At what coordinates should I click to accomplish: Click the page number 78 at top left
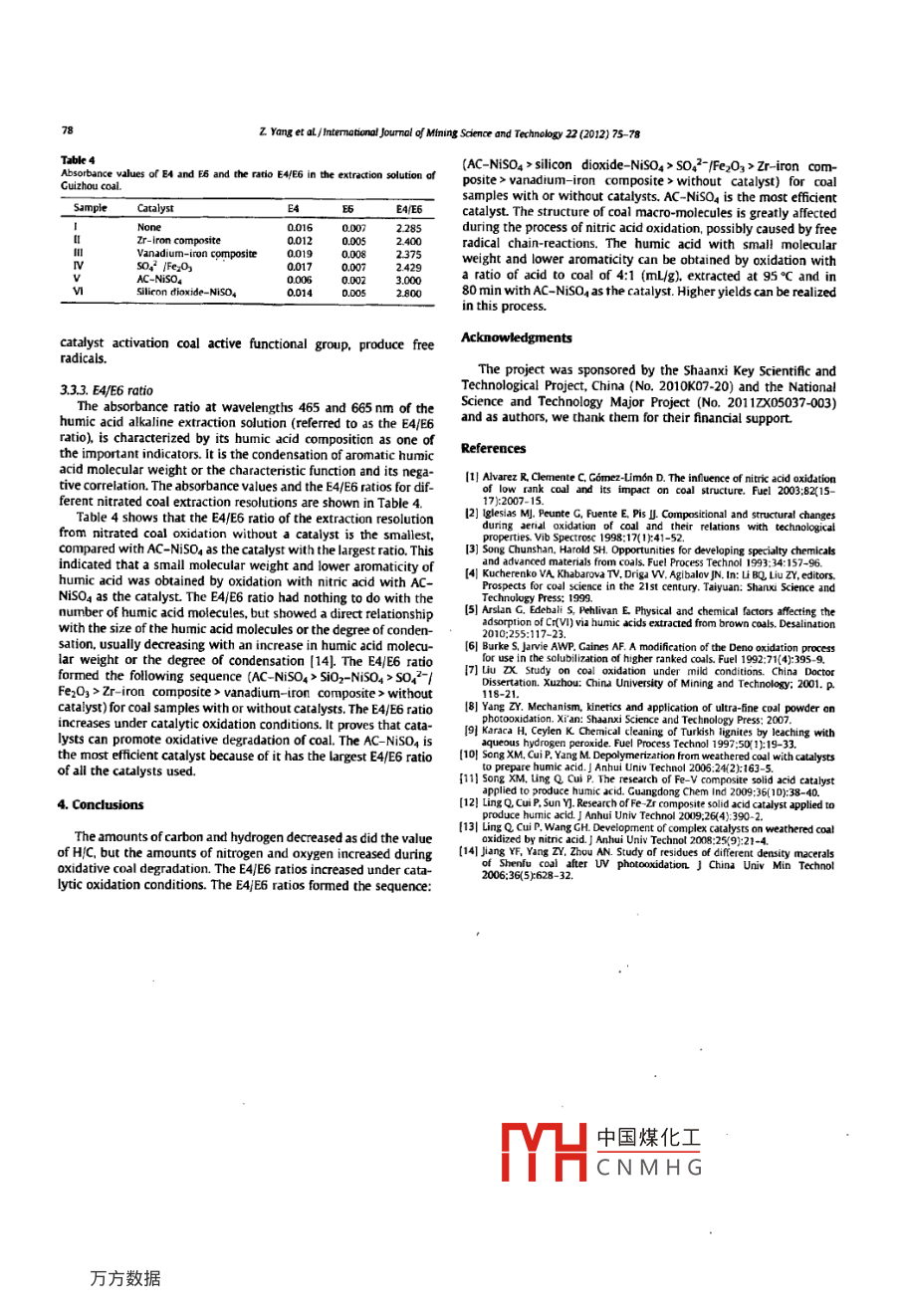point(67,129)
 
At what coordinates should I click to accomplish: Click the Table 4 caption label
point(77,160)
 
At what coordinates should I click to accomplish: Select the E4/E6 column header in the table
point(408,209)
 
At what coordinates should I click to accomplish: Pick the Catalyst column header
point(155,209)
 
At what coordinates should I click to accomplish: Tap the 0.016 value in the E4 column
point(299,228)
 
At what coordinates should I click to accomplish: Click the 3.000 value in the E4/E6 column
point(408,280)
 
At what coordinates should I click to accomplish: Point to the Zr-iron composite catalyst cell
point(178,241)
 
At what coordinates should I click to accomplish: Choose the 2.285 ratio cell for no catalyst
point(408,228)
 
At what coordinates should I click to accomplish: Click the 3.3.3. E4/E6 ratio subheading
point(107,390)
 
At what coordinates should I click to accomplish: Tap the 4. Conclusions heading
point(101,805)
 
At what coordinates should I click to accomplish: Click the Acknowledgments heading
point(517,338)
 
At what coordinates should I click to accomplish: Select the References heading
point(494,449)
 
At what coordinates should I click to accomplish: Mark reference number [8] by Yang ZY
point(472,708)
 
